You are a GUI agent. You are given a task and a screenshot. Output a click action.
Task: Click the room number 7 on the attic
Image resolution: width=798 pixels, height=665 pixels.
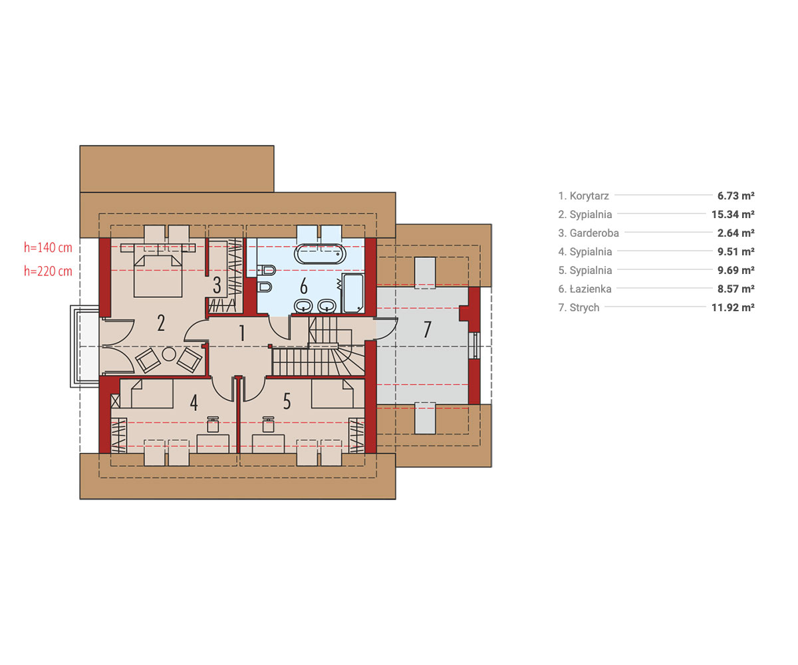click(x=428, y=329)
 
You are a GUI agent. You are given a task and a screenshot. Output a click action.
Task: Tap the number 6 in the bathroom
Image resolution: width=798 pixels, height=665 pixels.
click(x=304, y=286)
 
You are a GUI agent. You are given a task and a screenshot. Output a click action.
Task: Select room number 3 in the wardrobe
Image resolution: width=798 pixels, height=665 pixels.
click(x=217, y=285)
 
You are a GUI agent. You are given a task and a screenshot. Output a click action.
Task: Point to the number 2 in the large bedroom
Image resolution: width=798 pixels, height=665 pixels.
click(x=162, y=323)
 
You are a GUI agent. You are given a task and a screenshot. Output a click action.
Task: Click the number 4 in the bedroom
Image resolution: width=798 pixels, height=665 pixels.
click(x=194, y=402)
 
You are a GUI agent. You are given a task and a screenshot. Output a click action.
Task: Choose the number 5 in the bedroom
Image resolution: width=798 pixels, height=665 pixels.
click(x=287, y=402)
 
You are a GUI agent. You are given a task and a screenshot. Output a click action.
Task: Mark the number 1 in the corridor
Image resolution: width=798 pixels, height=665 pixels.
click(x=242, y=333)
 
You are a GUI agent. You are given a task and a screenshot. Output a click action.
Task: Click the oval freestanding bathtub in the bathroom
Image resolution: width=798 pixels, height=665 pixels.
click(x=321, y=254)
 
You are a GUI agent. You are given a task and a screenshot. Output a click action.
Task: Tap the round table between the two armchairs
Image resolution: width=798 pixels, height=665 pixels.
click(x=169, y=354)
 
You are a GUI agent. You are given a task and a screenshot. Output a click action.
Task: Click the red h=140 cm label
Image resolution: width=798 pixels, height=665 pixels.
click(x=48, y=247)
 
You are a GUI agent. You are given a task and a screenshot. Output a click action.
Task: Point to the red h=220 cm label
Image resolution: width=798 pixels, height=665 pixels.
click(x=48, y=271)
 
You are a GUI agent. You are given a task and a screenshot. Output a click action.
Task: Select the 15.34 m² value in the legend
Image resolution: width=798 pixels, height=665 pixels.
click(x=733, y=214)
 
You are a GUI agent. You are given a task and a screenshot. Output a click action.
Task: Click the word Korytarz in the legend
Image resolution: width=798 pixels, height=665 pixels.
click(x=589, y=196)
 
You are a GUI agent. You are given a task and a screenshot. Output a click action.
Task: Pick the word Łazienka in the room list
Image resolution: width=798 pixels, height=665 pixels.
click(x=591, y=289)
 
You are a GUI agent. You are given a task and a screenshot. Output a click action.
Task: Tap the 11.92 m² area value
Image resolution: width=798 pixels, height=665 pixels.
click(x=733, y=308)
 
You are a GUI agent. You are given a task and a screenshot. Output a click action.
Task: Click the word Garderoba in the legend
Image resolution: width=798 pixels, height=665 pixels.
click(x=595, y=233)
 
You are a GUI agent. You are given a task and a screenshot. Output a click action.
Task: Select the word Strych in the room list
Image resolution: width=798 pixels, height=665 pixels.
click(x=585, y=308)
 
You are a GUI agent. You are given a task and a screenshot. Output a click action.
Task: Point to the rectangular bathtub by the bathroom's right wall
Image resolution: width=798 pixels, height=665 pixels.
click(x=353, y=293)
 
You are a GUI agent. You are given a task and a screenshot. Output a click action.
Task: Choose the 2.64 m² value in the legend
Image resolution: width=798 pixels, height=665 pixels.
click(x=736, y=233)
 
